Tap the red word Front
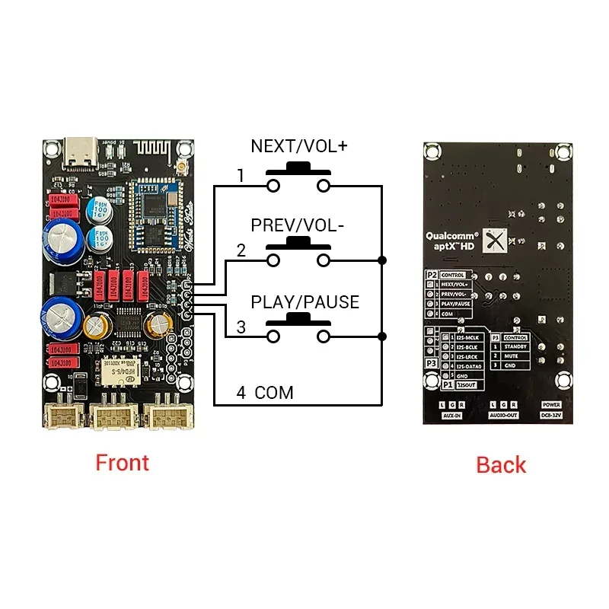(x=122, y=462)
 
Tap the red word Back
(x=501, y=464)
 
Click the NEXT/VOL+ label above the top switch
(x=298, y=146)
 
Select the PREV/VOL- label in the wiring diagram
(x=298, y=226)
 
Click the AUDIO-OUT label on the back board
(x=503, y=416)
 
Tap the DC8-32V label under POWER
(x=551, y=416)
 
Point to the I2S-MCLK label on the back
(x=467, y=337)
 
